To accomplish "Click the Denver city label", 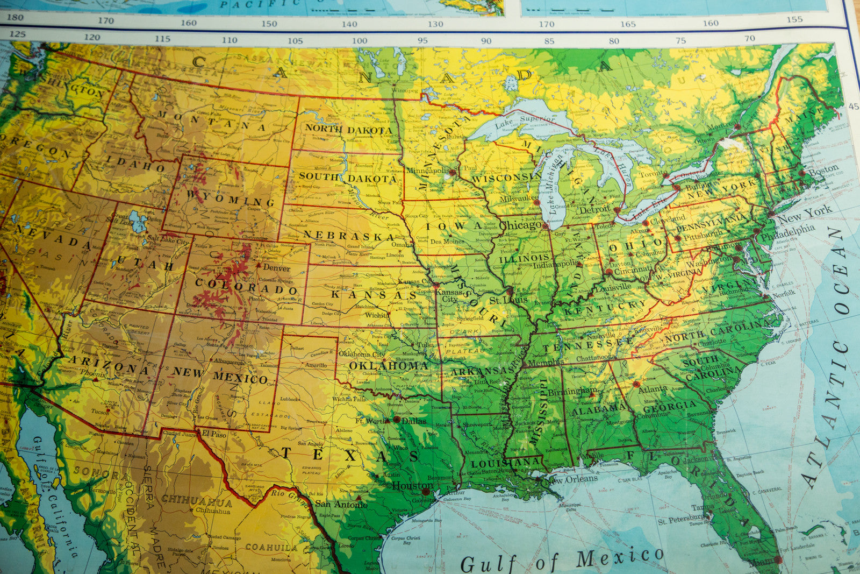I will [277, 268].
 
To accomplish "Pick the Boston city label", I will [823, 169].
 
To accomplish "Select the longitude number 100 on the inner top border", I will [360, 40].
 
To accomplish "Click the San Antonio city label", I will [341, 504].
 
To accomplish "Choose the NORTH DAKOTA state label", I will [349, 130].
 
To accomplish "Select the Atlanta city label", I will [653, 388].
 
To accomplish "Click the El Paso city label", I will [214, 434].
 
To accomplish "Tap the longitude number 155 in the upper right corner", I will [794, 20].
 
